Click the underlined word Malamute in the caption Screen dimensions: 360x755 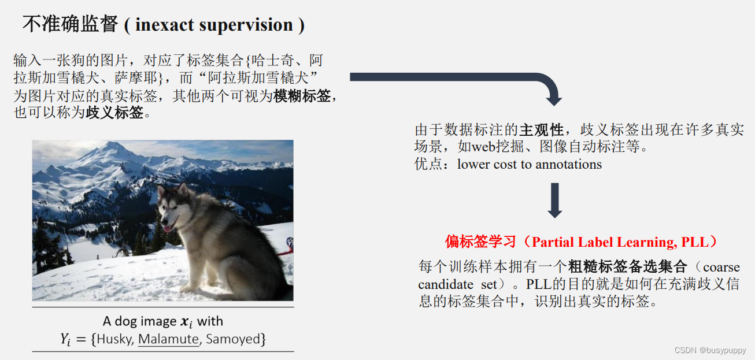(x=168, y=339)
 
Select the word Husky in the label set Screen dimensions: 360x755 (x=114, y=339)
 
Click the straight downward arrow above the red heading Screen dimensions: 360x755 (x=554, y=200)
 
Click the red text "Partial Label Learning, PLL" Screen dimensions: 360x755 (x=624, y=242)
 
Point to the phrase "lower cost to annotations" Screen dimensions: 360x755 (x=530, y=165)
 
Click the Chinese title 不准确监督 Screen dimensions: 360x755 (x=70, y=25)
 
